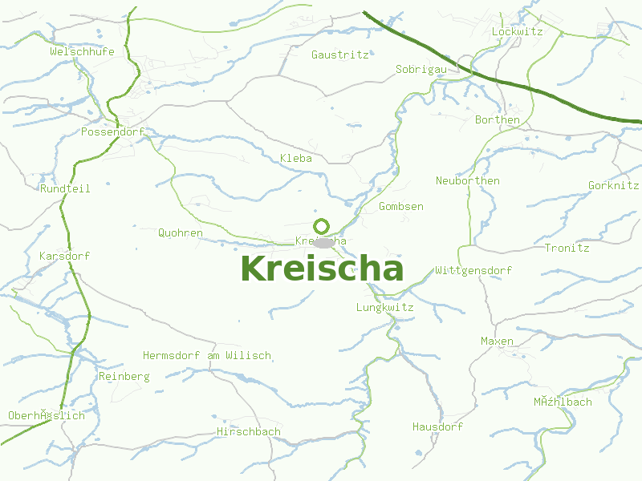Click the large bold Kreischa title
pyautogui.click(x=321, y=269)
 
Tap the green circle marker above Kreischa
pyautogui.click(x=321, y=225)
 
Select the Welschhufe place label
pyautogui.click(x=82, y=51)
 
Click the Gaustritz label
pyautogui.click(x=339, y=55)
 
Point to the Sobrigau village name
pyautogui.click(x=421, y=70)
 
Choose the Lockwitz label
pyautogui.click(x=517, y=31)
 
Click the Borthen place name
pyautogui.click(x=498, y=119)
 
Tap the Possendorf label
pyautogui.click(x=112, y=131)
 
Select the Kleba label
pyautogui.click(x=295, y=158)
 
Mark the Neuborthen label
pyautogui.click(x=467, y=180)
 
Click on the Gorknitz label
pyautogui.click(x=613, y=185)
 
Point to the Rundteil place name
pyautogui.click(x=65, y=188)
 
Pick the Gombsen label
pyautogui.click(x=400, y=206)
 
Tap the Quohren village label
pyautogui.click(x=181, y=232)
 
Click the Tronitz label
pyautogui.click(x=567, y=248)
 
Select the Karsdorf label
pyautogui.click(x=64, y=256)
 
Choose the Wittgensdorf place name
pyautogui.click(x=473, y=270)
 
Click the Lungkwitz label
pyautogui.click(x=384, y=307)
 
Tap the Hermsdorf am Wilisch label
pyautogui.click(x=206, y=355)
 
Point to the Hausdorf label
pyautogui.click(x=437, y=426)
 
